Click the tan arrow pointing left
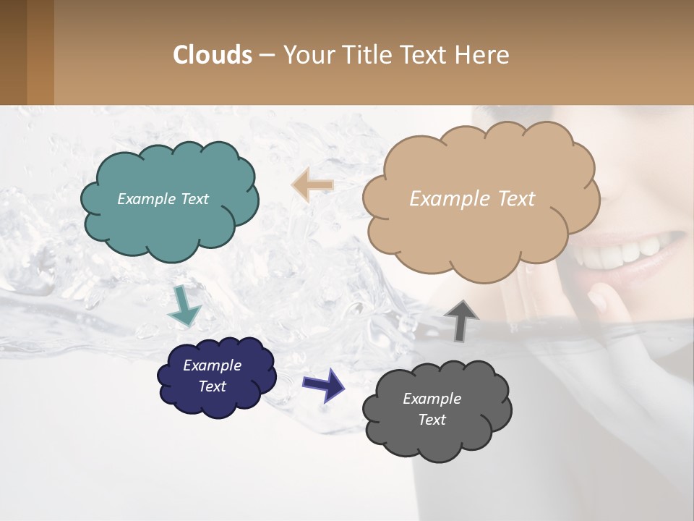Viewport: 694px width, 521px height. pos(312,185)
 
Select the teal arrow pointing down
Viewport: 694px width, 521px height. pos(184,305)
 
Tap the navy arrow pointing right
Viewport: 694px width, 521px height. pos(324,384)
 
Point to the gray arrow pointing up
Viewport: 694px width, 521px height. pos(460,320)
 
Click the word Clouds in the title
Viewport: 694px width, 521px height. pos(213,55)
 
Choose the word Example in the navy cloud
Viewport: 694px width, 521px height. pos(212,365)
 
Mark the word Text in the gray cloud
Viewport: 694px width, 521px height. pos(432,420)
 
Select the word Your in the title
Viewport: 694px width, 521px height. pos(307,55)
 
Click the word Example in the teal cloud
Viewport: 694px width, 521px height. pos(145,199)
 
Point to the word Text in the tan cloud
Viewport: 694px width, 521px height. pos(516,199)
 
